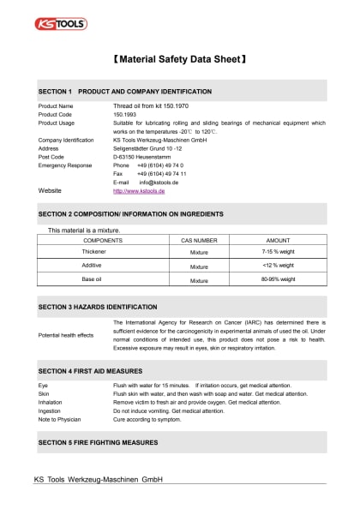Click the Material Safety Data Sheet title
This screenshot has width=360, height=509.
180,61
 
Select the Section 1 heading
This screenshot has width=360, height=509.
125,91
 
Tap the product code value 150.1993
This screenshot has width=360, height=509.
126,114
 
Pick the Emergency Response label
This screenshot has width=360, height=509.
64,165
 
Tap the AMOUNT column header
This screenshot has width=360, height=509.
279,241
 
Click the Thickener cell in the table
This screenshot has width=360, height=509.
93,254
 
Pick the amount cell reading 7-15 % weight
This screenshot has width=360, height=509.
279,254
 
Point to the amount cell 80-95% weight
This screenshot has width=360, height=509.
279,279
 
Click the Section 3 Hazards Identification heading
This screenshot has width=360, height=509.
98,306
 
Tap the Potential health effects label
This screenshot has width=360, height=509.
66,335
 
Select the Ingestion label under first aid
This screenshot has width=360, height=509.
50,410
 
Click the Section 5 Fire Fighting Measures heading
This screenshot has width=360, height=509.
98,442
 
